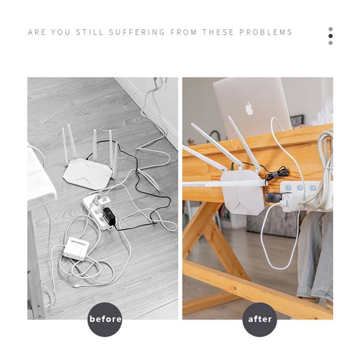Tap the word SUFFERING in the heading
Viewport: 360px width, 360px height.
point(137,32)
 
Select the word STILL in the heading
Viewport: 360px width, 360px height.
point(89,32)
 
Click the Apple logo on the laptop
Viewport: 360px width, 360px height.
point(249,108)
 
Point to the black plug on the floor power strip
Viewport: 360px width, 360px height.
point(109,216)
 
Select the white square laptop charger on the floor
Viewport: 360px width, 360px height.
point(76,248)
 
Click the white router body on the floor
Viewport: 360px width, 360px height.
point(87,174)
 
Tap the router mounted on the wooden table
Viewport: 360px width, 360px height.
point(242,193)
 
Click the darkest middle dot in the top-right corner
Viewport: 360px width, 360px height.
point(330,36)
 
